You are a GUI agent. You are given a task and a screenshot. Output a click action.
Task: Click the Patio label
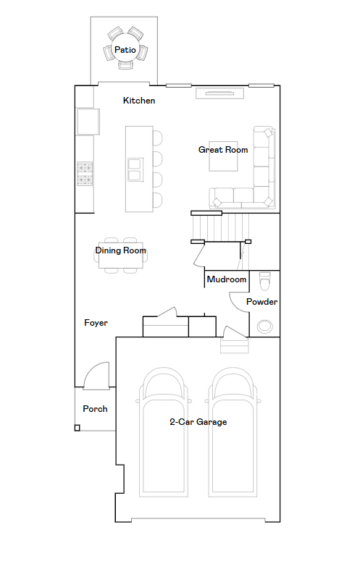[125, 50]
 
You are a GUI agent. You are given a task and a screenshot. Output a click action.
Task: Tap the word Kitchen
[139, 101]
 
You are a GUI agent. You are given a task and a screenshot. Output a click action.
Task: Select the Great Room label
[223, 150]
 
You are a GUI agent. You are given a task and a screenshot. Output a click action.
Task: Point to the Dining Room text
[120, 250]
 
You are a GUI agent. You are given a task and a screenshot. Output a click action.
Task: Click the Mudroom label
[227, 279]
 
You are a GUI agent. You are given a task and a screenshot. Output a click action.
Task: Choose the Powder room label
[261, 302]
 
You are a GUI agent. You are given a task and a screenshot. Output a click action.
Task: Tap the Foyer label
[96, 323]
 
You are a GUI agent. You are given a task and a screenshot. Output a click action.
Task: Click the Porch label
[95, 408]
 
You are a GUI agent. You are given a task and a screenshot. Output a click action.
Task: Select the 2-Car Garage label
[198, 422]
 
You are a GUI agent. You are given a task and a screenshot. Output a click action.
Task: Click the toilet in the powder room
[265, 281]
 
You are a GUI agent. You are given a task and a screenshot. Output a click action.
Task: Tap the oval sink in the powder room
[265, 326]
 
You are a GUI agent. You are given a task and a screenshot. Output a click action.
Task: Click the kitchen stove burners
[85, 174]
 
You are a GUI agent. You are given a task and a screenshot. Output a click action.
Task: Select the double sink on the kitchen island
[135, 169]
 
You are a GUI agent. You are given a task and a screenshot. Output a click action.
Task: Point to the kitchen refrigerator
[88, 122]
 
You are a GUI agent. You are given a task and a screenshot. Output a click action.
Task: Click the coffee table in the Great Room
[223, 156]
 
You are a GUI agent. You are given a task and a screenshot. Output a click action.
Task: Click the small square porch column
[77, 428]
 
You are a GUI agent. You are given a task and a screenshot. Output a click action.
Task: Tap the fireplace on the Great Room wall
[219, 93]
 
